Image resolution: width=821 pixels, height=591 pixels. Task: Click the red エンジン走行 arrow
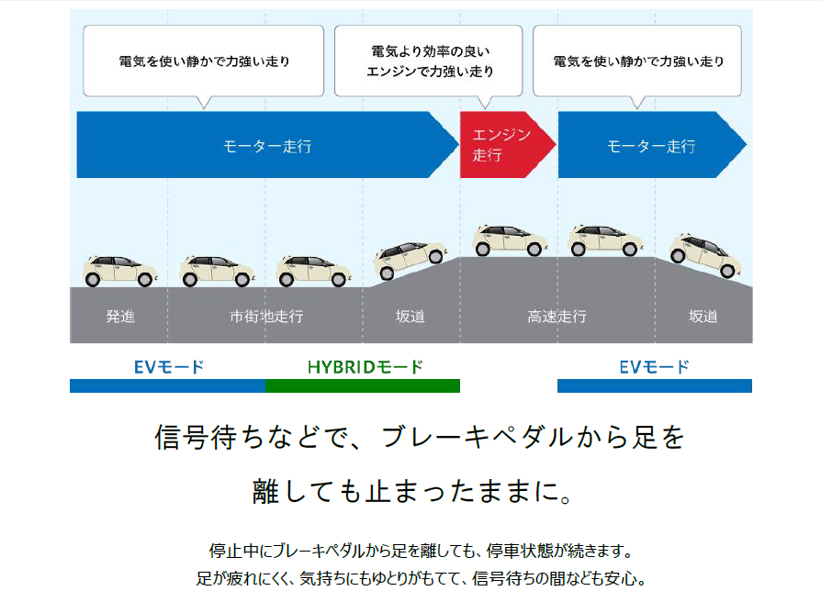coord(503,145)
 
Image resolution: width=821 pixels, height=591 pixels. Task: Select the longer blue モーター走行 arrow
coord(266,145)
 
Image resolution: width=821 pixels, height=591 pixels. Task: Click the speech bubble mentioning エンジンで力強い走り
coord(429,61)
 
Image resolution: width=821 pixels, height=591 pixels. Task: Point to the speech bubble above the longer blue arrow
coord(204,61)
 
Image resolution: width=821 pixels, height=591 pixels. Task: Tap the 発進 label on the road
coord(120,317)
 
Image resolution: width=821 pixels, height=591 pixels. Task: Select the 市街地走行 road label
coord(265,317)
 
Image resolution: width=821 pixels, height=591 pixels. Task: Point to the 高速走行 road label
coord(557,317)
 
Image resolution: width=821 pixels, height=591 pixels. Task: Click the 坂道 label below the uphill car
coord(410,317)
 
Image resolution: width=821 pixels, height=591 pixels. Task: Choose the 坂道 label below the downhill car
coord(703,317)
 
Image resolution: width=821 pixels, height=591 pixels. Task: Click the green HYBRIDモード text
coord(366,367)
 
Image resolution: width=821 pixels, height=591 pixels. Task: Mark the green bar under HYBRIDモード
coord(362,385)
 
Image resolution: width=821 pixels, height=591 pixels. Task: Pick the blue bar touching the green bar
coord(167,385)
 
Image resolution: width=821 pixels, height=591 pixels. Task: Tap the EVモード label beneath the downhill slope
coord(654,367)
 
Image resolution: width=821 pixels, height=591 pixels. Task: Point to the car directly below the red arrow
coord(508,240)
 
